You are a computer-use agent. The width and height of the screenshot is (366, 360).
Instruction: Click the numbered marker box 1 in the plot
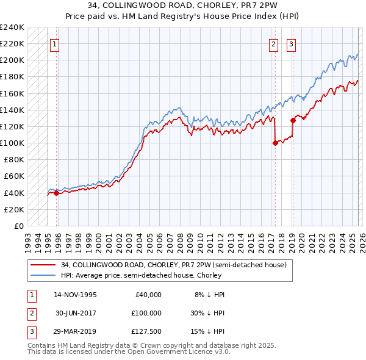(55, 44)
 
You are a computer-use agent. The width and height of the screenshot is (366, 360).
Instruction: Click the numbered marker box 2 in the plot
(274, 44)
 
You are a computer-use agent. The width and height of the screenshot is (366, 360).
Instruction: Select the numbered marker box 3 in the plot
(292, 44)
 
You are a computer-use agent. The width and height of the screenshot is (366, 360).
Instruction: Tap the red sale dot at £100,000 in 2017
(275, 143)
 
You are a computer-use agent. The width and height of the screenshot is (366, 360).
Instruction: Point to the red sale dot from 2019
(293, 120)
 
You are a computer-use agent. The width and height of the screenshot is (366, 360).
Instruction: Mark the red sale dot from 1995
(57, 193)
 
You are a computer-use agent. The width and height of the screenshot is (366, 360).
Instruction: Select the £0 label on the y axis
(20, 226)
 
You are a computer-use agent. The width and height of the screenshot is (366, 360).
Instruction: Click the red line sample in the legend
(43, 265)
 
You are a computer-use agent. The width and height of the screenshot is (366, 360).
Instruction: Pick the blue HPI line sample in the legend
(43, 275)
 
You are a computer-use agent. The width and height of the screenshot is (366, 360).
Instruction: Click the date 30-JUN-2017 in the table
(76, 312)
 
